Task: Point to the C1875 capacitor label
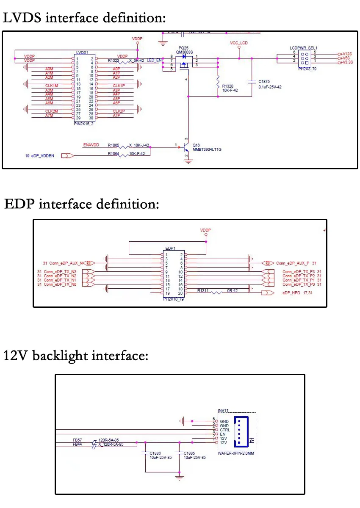click(264, 82)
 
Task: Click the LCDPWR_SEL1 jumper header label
click(304, 48)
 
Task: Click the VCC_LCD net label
click(238, 43)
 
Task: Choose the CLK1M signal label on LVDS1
click(52, 86)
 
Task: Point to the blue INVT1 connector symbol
click(241, 431)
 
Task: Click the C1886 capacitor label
click(156, 453)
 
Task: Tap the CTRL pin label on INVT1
click(225, 430)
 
